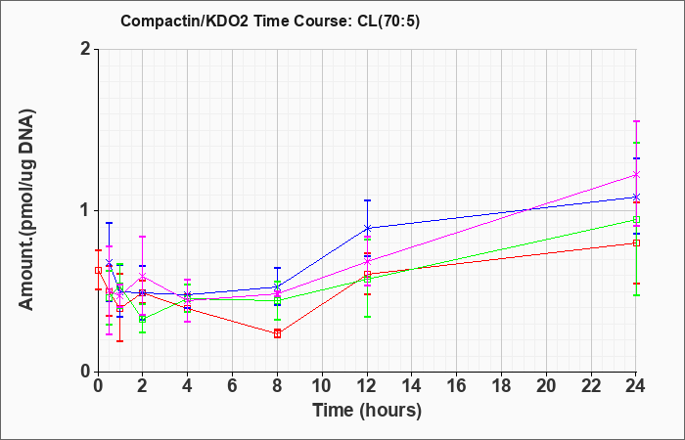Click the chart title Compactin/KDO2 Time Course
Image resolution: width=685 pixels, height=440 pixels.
[x=236, y=21]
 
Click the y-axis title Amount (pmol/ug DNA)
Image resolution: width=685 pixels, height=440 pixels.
[x=26, y=209]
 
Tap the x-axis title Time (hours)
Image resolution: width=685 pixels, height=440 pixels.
[x=367, y=411]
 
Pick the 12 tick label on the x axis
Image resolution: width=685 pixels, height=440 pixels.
[x=367, y=386]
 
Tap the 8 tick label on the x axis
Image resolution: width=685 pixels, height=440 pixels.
[x=277, y=386]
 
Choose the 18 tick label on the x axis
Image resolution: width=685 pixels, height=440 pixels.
[x=501, y=386]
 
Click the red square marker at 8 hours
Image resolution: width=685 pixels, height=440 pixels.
[x=277, y=334]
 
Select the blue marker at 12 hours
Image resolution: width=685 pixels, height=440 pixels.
[x=367, y=228]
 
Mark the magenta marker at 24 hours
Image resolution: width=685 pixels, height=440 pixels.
[x=636, y=175]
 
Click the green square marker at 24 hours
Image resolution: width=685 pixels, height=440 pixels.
[x=636, y=220]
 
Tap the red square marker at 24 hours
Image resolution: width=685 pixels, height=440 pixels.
[x=636, y=242]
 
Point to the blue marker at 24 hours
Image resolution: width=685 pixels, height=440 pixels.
[x=636, y=197]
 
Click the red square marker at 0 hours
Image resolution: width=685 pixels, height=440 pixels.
[x=98, y=270]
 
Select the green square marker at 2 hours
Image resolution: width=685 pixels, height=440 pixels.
[x=143, y=319]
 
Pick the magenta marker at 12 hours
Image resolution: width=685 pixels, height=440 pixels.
[x=367, y=262]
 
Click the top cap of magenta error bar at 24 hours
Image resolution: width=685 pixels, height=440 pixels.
[x=636, y=121]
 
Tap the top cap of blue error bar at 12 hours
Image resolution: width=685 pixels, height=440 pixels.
[x=367, y=200]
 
